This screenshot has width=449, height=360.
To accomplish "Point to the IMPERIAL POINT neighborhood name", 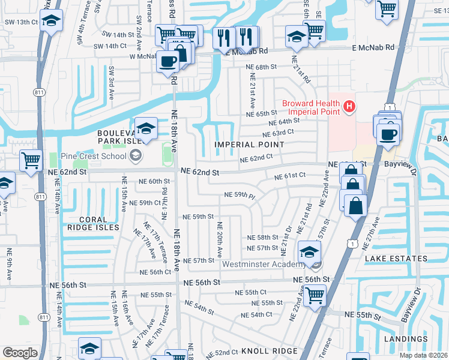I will pos(250,145).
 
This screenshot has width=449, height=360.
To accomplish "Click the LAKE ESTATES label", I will pos(396,259).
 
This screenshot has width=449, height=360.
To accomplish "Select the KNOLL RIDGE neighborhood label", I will pos(269,351).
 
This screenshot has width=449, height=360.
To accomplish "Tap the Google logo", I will pos(20,353).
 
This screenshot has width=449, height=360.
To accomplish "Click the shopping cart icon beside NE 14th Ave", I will pos(31,160).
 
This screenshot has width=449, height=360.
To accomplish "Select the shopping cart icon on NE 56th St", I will pos(315,295).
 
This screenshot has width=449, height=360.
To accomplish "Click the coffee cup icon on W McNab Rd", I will pos(167,61).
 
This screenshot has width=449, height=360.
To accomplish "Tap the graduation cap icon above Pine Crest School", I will pos(146,127).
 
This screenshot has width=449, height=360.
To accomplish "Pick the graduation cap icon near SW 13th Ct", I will pos(52,22).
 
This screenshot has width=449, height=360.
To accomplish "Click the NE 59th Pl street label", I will pos(240,195).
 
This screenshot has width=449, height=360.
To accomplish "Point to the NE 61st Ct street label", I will pos(291,176).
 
